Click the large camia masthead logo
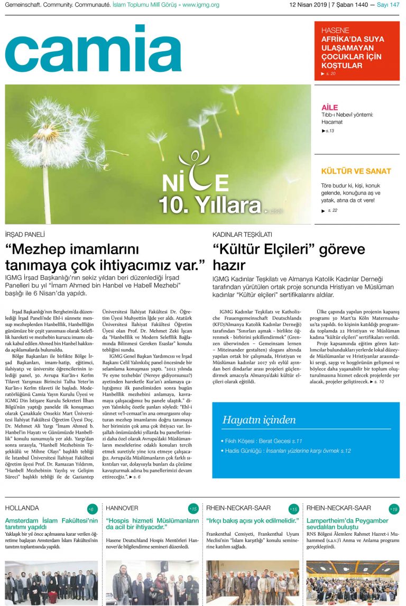pyautogui.click(x=93, y=49)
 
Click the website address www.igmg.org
pyautogui.click(x=201, y=5)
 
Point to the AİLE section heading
pyautogui.click(x=329, y=108)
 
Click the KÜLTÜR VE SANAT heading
pyautogui.click(x=356, y=171)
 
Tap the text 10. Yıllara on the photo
pyautogui.click(x=210, y=203)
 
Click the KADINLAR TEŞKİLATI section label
pyautogui.click(x=242, y=234)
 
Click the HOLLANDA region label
pyautogui.click(x=22, y=508)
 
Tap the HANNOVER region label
pyautogui.click(x=122, y=508)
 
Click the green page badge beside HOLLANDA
pyautogui.click(x=92, y=509)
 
